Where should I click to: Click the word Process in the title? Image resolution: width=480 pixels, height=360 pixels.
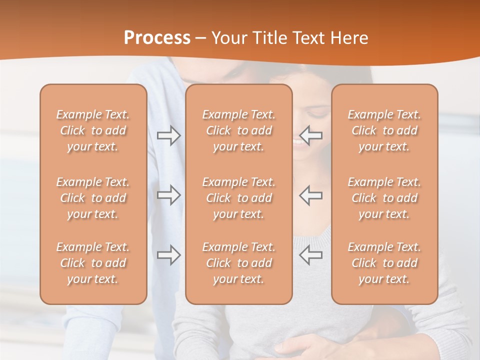(157, 38)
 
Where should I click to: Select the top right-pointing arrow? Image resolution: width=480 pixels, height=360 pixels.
(168, 135)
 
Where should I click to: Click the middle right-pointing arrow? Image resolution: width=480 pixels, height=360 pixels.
(168, 195)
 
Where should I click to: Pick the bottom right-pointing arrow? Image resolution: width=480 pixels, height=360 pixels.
(168, 254)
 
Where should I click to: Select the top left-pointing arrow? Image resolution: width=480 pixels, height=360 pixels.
(311, 135)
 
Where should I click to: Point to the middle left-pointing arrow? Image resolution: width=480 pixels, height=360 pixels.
(311, 195)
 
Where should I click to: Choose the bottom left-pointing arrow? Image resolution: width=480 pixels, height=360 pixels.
(311, 254)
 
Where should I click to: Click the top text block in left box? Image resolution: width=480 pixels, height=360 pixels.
(93, 130)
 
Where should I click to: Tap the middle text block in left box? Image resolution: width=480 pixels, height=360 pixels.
(93, 198)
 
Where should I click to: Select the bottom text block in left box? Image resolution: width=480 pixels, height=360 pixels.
(93, 263)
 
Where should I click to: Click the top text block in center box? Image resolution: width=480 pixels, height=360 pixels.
(239, 130)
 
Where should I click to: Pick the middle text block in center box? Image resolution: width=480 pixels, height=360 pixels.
(239, 198)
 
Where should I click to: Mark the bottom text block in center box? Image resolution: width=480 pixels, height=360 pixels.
(239, 263)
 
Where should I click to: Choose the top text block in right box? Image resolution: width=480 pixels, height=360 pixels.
(384, 130)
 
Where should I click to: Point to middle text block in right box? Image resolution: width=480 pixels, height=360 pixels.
(384, 198)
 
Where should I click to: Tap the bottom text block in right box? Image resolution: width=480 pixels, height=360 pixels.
(384, 263)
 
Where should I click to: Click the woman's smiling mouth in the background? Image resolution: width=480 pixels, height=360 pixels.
(298, 142)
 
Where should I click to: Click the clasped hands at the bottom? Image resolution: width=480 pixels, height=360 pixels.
(300, 345)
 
